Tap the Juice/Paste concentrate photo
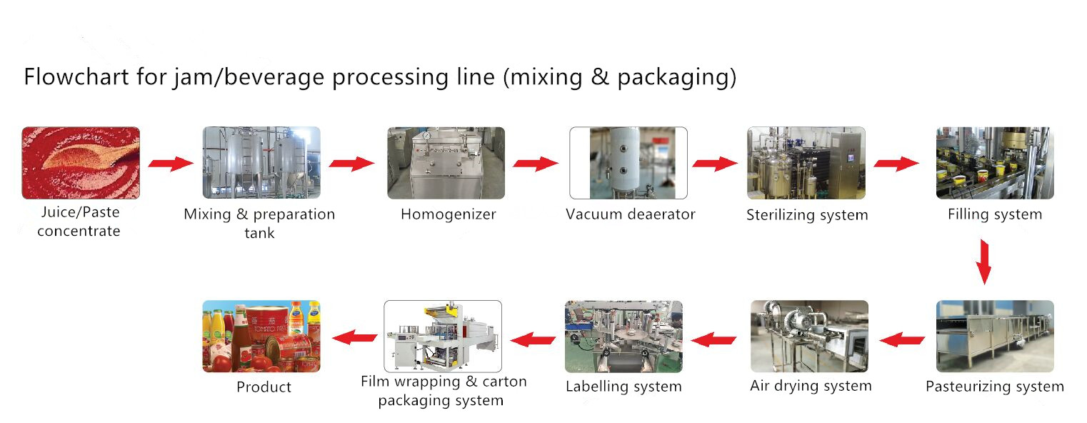[81, 163]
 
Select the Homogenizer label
[448, 214]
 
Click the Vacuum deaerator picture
[628, 163]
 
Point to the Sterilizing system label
[807, 215]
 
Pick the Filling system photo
[995, 163]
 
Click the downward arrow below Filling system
[983, 262]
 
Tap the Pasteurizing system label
[995, 387]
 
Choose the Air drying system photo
[810, 336]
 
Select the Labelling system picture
[623, 336]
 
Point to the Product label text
[264, 387]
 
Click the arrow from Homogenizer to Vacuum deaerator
[536, 164]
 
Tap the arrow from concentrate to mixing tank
[171, 164]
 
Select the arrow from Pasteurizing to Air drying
[902, 339]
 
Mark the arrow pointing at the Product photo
[356, 336]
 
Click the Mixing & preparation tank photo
[261, 163]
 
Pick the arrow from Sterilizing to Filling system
[897, 164]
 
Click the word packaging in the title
[669, 77]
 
